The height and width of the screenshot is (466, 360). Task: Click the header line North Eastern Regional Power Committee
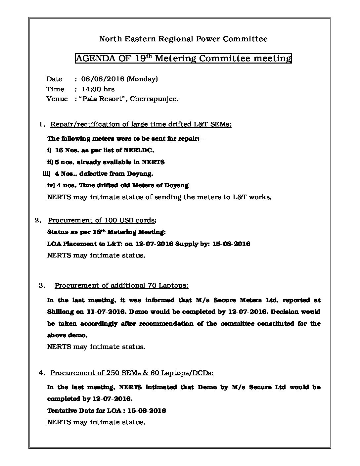click(183, 39)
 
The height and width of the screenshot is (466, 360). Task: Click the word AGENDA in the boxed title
click(94, 59)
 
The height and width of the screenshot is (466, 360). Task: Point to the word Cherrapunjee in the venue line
click(154, 99)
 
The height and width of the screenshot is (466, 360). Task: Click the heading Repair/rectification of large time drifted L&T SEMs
click(141, 124)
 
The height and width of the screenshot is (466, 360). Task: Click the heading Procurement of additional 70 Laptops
click(121, 286)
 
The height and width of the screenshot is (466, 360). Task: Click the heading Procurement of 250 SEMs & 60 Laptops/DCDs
click(132, 373)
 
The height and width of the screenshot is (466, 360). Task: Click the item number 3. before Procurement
click(42, 286)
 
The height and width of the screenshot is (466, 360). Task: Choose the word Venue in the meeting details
click(57, 99)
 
